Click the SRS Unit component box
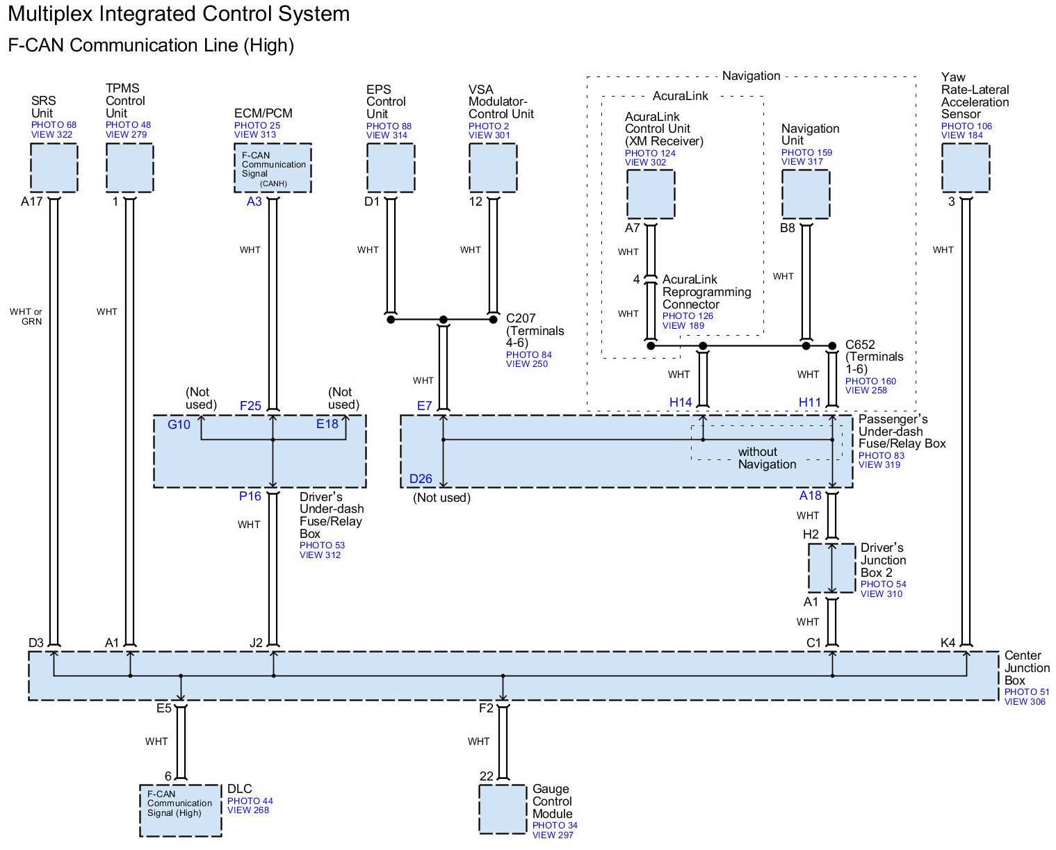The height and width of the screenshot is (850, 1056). pyautogui.click(x=54, y=167)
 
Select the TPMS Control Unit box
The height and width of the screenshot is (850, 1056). pyautogui.click(x=129, y=167)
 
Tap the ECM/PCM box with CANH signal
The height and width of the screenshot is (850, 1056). pyautogui.click(x=273, y=168)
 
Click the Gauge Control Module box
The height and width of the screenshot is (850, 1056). pyautogui.click(x=503, y=809)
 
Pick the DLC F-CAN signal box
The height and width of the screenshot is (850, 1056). pyautogui.click(x=181, y=810)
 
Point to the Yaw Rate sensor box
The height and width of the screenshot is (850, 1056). pyautogui.click(x=965, y=167)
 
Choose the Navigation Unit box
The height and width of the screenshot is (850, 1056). pyautogui.click(x=806, y=194)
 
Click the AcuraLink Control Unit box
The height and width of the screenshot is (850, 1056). pyautogui.click(x=651, y=194)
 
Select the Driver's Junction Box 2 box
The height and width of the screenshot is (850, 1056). pyautogui.click(x=831, y=568)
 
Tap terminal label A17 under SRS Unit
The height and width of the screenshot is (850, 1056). pyautogui.click(x=32, y=202)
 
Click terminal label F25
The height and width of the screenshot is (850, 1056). pyautogui.click(x=250, y=406)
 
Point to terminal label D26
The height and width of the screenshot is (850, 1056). pyautogui.click(x=421, y=479)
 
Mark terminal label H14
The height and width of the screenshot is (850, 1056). pyautogui.click(x=681, y=402)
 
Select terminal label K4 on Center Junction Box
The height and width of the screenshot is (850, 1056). pyautogui.click(x=948, y=643)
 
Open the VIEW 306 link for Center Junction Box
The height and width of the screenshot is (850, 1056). pyautogui.click(x=1025, y=702)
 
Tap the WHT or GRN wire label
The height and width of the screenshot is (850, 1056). pyautogui.click(x=26, y=316)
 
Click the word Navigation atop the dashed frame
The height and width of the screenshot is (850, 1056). pyautogui.click(x=751, y=76)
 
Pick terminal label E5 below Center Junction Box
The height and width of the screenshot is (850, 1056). pyautogui.click(x=163, y=708)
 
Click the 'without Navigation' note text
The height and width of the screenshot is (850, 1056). pyautogui.click(x=767, y=458)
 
